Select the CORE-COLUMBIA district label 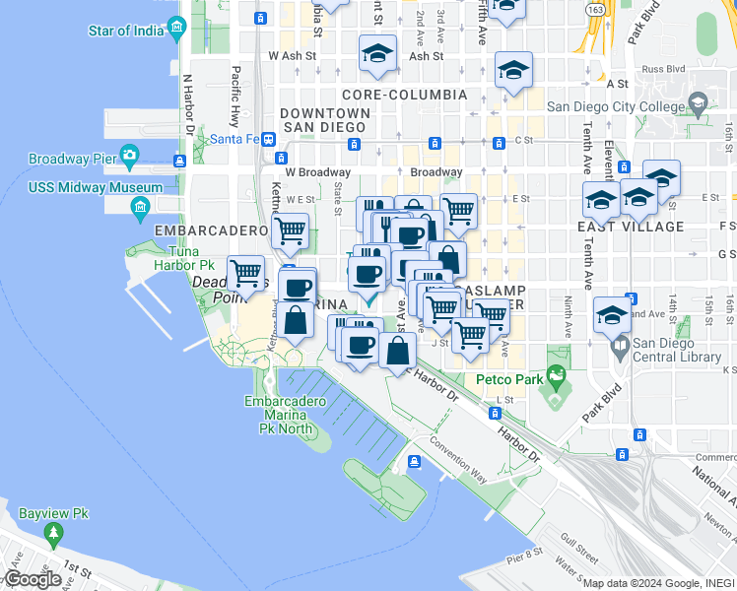(x=404, y=95)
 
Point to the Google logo (x=32, y=579)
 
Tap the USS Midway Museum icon (x=138, y=206)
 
